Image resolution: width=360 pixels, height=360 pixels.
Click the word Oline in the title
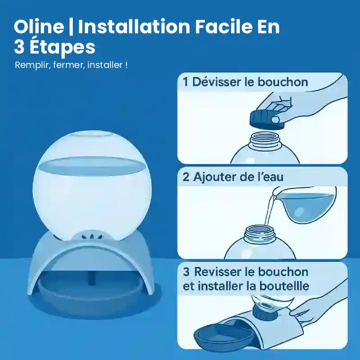tap(39, 27)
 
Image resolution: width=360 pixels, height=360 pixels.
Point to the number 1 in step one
tap(185, 82)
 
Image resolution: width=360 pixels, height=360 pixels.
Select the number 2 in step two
tap(186, 177)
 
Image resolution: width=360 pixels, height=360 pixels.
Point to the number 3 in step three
tap(186, 272)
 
